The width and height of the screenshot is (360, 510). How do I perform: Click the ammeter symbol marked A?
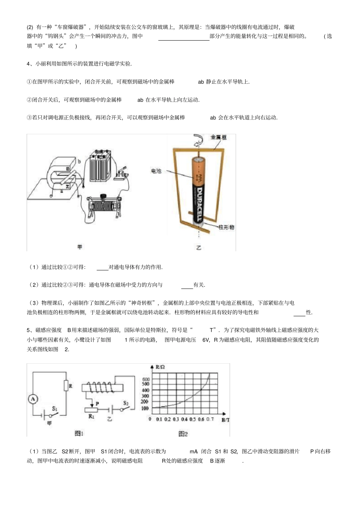33,399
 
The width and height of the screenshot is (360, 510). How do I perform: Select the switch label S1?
55,409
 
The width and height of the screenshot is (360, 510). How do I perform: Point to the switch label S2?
126,403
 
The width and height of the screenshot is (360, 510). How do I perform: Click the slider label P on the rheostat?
97,403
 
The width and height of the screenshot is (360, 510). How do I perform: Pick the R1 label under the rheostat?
91,416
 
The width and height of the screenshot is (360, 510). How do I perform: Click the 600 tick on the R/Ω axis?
146,379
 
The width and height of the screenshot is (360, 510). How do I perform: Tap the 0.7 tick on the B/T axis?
210,419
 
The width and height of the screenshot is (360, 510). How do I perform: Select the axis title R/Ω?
160,367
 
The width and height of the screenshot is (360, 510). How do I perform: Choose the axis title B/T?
225,420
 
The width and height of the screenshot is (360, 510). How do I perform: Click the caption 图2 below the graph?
183,433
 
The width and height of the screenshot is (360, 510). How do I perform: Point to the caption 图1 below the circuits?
79,433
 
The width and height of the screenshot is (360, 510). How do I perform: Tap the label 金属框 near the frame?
219,137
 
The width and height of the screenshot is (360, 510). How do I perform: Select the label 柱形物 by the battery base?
226,227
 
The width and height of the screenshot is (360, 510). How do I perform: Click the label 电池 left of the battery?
156,171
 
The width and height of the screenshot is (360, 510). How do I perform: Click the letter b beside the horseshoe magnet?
79,161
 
